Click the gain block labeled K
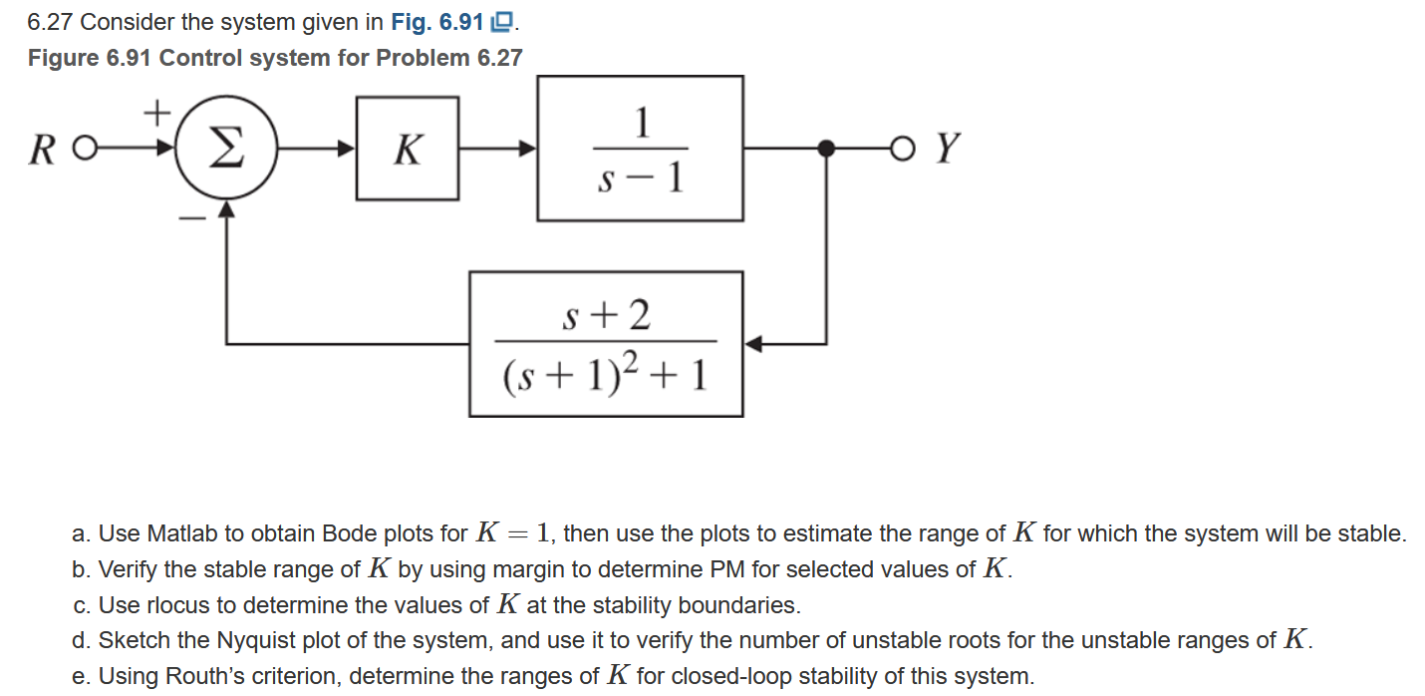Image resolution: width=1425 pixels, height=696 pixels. click(x=408, y=149)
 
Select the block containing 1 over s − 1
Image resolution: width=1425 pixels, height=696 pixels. click(x=640, y=149)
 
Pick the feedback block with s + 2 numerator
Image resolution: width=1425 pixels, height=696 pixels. click(x=606, y=343)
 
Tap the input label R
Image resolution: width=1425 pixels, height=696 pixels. click(x=41, y=151)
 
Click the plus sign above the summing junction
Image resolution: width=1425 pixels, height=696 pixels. click(x=156, y=112)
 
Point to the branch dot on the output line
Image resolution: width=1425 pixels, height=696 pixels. click(x=825, y=149)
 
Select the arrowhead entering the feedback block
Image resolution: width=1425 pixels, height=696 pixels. click(x=753, y=344)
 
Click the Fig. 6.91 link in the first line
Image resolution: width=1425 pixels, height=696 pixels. click(x=481, y=22)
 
